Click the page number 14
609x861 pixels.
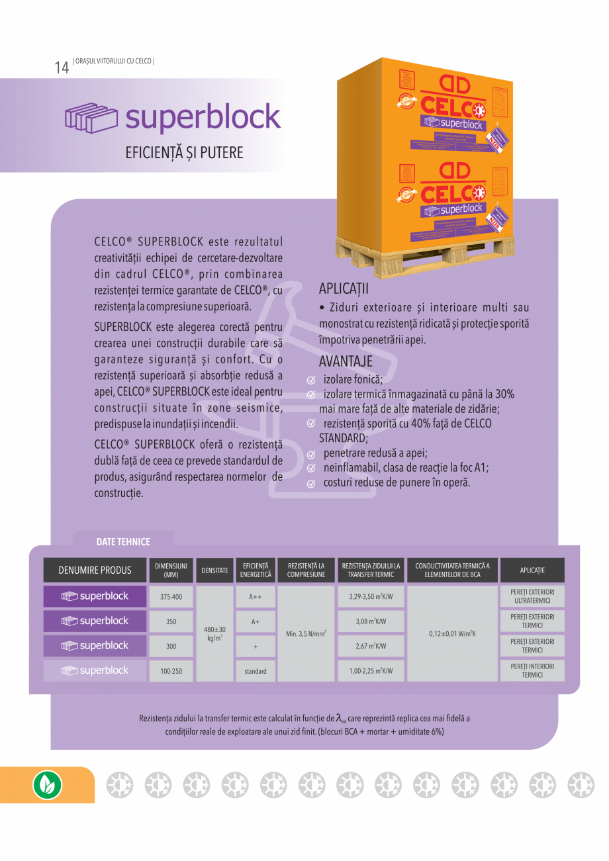pos(62,68)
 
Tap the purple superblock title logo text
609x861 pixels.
pos(203,118)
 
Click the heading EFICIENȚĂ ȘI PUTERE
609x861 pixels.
pos(184,153)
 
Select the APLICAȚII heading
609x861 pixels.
pos(344,289)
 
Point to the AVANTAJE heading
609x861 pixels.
pos(346,362)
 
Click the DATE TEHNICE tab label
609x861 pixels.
pos(123,541)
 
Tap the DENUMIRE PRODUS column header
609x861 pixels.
pos(95,570)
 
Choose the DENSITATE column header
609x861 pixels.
pos(214,570)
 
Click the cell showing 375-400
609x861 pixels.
pos(171,597)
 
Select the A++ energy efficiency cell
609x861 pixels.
pos(256,597)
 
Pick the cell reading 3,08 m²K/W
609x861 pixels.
pos(371,621)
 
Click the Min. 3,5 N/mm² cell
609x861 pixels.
pos(306,634)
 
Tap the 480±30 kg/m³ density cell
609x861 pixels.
pos(214,634)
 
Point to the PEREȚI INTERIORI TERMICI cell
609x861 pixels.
pos(532,670)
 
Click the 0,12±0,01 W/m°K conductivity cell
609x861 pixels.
pos(452,634)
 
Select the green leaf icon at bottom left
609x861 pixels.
pos(47,785)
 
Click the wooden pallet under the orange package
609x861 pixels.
pos(424,251)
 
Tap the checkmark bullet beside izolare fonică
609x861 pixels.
pos(310,381)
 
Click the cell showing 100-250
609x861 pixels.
pos(171,671)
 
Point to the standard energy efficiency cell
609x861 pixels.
pos(256,671)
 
